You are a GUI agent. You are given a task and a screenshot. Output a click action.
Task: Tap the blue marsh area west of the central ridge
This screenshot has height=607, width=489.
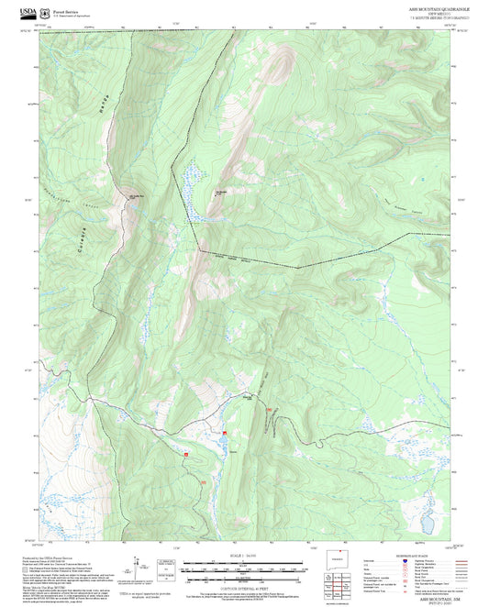click(x=189, y=180)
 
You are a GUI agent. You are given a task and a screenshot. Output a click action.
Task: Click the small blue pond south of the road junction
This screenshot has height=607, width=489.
click(x=224, y=445)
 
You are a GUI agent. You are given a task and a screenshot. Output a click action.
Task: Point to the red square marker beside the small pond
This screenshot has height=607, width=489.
click(x=223, y=433)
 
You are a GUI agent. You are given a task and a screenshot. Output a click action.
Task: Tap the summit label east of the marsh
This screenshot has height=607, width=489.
click(x=221, y=192)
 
